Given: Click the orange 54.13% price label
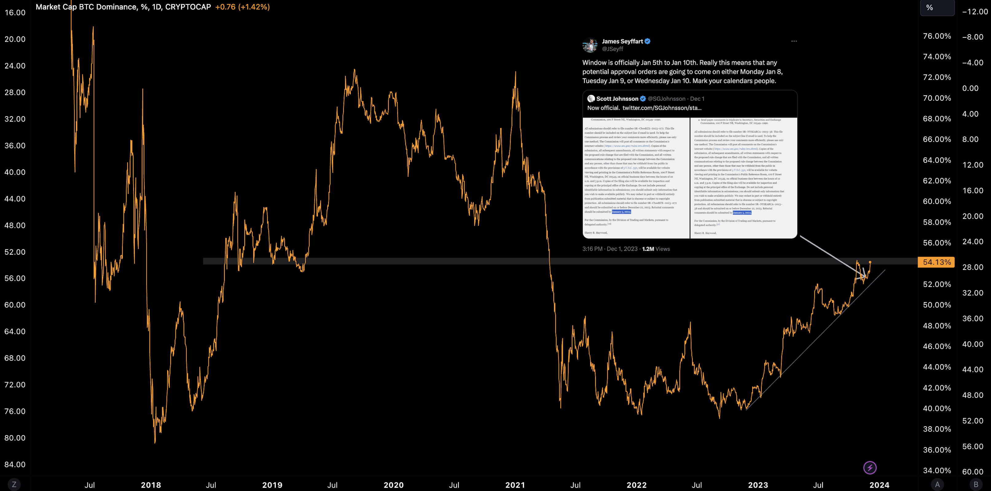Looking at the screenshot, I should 936,262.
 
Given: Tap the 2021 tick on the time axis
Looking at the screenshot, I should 515,485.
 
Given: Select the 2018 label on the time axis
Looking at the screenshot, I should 151,485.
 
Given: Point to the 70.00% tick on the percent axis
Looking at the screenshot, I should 937,98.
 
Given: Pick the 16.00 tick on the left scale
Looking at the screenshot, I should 15,13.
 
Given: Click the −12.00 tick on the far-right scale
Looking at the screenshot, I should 974,12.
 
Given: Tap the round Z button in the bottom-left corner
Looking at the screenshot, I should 14,484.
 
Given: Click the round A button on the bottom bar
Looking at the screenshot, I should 937,484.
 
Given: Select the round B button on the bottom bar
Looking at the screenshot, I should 976,484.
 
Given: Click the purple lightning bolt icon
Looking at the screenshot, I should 870,468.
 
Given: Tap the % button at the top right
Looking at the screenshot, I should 937,8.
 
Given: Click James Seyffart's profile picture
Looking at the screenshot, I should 590,45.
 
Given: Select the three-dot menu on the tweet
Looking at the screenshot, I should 794,41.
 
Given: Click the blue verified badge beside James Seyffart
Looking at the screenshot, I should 648,41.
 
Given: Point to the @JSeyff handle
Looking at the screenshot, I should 613,49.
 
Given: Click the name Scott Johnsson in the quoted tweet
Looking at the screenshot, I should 617,99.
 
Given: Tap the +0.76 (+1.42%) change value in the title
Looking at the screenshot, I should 242,7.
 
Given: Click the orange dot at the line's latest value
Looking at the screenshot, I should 870,262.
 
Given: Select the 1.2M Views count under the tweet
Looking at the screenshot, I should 656,249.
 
